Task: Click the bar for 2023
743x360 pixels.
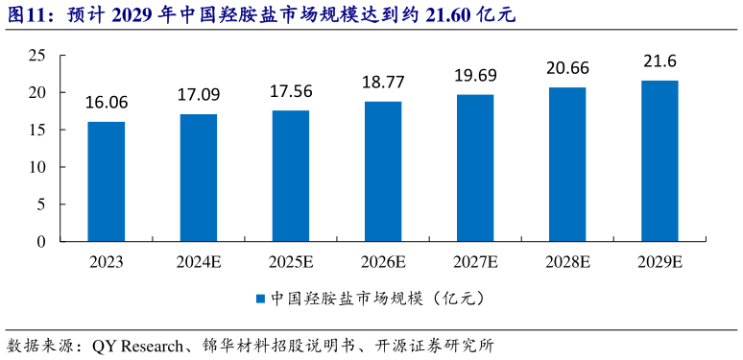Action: (106, 181)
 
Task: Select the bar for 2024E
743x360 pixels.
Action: (198, 178)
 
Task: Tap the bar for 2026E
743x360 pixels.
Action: (383, 172)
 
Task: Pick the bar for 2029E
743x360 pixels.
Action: (659, 161)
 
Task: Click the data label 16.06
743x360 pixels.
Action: (106, 104)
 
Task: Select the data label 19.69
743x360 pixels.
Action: (475, 77)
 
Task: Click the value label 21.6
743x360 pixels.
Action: (659, 61)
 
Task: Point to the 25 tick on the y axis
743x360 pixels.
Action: (37, 56)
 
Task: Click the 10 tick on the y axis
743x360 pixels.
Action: (37, 167)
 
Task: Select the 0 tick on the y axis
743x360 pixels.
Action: (42, 242)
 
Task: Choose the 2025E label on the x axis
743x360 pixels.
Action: (291, 262)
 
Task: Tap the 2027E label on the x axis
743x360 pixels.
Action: (475, 262)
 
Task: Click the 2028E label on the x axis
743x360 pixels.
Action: (567, 262)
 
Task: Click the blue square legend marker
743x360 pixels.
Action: (261, 299)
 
